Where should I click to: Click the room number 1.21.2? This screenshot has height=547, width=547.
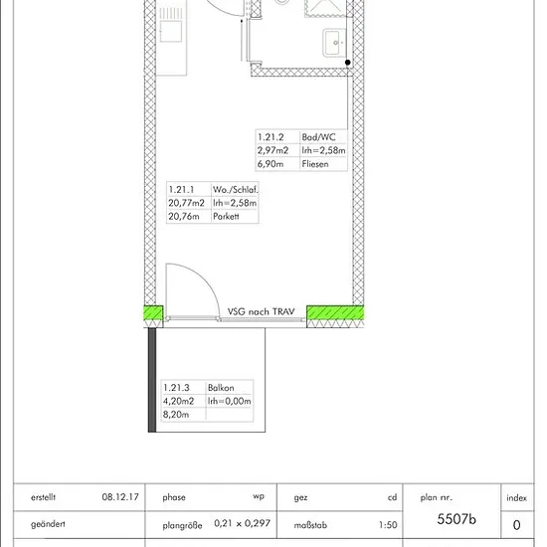click(x=271, y=137)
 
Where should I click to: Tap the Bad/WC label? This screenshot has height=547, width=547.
click(x=318, y=137)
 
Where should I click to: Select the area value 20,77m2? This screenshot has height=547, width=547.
click(x=186, y=203)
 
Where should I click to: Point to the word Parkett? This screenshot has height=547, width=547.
click(x=226, y=216)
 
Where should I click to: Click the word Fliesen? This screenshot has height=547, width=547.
click(x=315, y=164)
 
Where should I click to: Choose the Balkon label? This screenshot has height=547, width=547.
click(x=221, y=388)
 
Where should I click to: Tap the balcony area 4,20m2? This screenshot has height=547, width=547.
click(x=178, y=401)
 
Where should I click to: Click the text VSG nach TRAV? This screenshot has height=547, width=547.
click(x=261, y=311)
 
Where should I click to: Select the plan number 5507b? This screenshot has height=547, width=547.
click(x=456, y=519)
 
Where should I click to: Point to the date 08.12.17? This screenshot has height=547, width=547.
click(x=120, y=496)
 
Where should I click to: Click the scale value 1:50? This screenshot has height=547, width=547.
click(x=388, y=525)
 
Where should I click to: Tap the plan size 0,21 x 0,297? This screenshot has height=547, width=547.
click(x=242, y=523)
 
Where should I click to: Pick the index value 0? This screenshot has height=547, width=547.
click(x=516, y=525)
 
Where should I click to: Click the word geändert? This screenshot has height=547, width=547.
click(x=48, y=524)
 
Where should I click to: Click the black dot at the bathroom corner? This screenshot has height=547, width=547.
click(x=348, y=63)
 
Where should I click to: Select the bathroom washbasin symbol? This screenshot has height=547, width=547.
click(x=334, y=43)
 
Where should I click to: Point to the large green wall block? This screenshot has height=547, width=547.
click(x=335, y=312)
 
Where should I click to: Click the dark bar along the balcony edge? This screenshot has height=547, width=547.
click(x=152, y=380)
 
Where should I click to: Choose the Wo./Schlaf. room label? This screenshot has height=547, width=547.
click(x=236, y=190)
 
